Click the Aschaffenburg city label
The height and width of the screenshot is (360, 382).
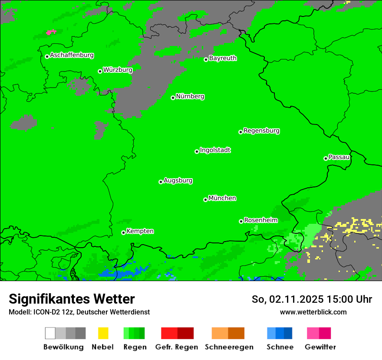pos(72,56)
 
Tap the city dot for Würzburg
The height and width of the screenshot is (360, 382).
pos(100,71)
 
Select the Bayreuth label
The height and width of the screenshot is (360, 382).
pos(223,58)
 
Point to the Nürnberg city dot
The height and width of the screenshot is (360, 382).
pos(173,98)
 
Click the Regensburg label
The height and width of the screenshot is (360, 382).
pos(261,131)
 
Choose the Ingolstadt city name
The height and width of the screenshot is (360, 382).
pos(215,150)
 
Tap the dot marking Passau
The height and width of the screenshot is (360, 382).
pos(326,158)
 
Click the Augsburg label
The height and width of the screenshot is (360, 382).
pos(178,180)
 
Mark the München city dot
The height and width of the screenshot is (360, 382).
pos(205,200)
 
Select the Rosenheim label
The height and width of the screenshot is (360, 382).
pos(260,220)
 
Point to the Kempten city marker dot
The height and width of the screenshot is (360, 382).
pos(123,232)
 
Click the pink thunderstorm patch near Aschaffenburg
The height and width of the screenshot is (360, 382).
pos(51,32)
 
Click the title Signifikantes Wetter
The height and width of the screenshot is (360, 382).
pos(72,299)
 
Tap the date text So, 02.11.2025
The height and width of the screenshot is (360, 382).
pos(286,299)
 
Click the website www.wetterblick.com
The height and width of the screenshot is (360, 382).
pos(313,312)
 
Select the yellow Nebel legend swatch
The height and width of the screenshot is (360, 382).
pos(103,333)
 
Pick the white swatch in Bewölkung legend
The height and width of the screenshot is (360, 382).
pos(50,333)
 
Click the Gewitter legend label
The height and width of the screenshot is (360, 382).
pos(320,347)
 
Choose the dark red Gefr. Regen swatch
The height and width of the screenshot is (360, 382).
pos(185,333)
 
